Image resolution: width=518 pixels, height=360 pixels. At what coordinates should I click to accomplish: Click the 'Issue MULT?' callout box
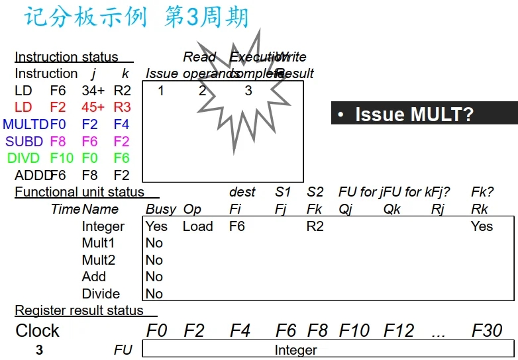424,113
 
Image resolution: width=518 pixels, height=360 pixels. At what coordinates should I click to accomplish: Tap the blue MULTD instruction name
25,124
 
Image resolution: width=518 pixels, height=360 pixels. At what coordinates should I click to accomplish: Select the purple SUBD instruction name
25,141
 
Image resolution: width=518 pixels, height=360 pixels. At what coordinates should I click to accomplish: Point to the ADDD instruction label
31,175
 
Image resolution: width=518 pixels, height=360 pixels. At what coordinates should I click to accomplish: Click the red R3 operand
122,107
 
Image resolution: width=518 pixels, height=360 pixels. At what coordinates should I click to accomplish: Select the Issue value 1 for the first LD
160,91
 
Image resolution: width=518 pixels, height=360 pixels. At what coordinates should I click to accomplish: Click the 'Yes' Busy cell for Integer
156,226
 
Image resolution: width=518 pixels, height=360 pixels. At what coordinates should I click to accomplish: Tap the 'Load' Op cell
197,226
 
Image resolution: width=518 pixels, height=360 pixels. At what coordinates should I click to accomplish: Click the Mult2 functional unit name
98,260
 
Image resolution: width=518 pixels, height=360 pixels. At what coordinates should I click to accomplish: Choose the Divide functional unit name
101,294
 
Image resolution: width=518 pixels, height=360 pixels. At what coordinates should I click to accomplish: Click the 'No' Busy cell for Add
154,277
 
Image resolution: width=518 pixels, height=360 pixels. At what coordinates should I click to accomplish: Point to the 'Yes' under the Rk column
482,226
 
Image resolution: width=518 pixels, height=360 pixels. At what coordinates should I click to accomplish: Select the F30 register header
487,330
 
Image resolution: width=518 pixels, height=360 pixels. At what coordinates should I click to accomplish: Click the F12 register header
399,330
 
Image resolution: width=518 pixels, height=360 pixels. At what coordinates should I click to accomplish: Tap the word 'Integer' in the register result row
295,350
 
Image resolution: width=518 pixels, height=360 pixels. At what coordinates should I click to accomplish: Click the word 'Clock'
37,330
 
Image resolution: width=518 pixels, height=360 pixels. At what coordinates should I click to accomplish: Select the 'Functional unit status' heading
79,192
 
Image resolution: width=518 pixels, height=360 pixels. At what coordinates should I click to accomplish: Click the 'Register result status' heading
79,310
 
